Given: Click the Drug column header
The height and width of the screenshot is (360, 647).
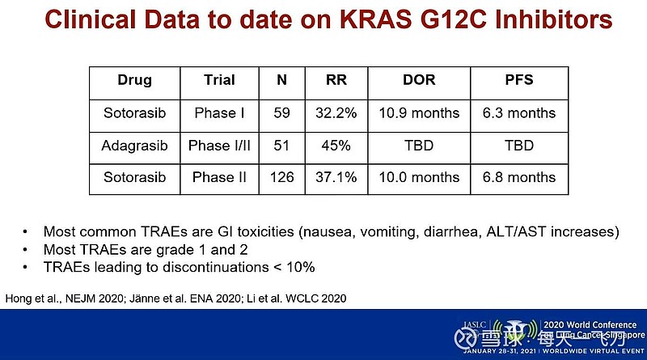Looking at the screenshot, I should tap(134, 81).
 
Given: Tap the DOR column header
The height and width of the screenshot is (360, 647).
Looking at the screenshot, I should tap(418, 81).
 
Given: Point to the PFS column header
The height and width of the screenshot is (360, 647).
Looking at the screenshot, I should tap(518, 81).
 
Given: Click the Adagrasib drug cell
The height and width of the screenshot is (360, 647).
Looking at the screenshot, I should tap(134, 146).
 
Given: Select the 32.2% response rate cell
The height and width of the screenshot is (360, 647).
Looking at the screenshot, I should tap(335, 113).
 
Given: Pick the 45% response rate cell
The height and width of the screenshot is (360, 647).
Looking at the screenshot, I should tap(335, 146).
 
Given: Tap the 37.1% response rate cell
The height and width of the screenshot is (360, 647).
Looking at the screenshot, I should tap(335, 178).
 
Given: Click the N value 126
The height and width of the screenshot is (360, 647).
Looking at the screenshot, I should tap(281, 178).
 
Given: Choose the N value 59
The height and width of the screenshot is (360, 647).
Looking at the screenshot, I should tap(281, 113).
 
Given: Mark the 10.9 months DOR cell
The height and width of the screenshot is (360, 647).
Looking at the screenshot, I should tap(418, 113).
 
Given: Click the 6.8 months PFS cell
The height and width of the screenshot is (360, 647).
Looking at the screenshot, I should tap(518, 178).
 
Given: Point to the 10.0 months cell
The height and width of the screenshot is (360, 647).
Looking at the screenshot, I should tap(418, 178).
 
